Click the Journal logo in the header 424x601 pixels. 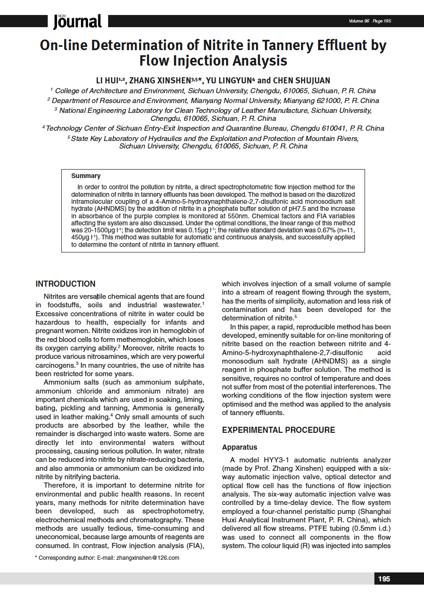[x=77, y=21]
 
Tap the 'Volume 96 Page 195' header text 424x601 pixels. [x=369, y=21]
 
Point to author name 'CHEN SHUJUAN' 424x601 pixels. [x=301, y=81]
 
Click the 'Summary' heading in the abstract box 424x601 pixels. [x=86, y=176]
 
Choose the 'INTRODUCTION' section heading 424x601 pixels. [x=66, y=284]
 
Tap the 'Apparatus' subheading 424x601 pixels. [x=240, y=447]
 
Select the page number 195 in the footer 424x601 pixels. [x=384, y=579]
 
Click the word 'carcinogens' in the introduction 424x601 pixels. [x=55, y=365]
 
